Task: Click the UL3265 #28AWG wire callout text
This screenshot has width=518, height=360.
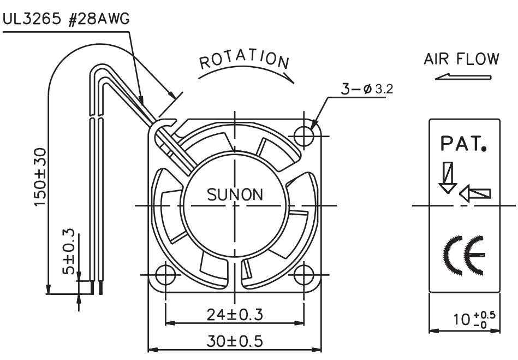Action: tap(66, 19)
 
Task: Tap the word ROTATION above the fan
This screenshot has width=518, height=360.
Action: tap(244, 60)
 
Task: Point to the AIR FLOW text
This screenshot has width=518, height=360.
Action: tap(462, 59)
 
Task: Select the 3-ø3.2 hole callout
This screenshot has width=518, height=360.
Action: tap(367, 89)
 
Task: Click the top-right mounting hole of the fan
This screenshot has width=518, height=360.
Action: tap(303, 136)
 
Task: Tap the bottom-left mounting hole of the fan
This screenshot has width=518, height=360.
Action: tap(165, 275)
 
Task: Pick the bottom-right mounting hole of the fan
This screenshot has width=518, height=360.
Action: tap(303, 275)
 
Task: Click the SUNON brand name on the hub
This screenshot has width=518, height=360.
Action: tap(235, 194)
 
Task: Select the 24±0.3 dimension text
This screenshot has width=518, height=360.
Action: tap(235, 314)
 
